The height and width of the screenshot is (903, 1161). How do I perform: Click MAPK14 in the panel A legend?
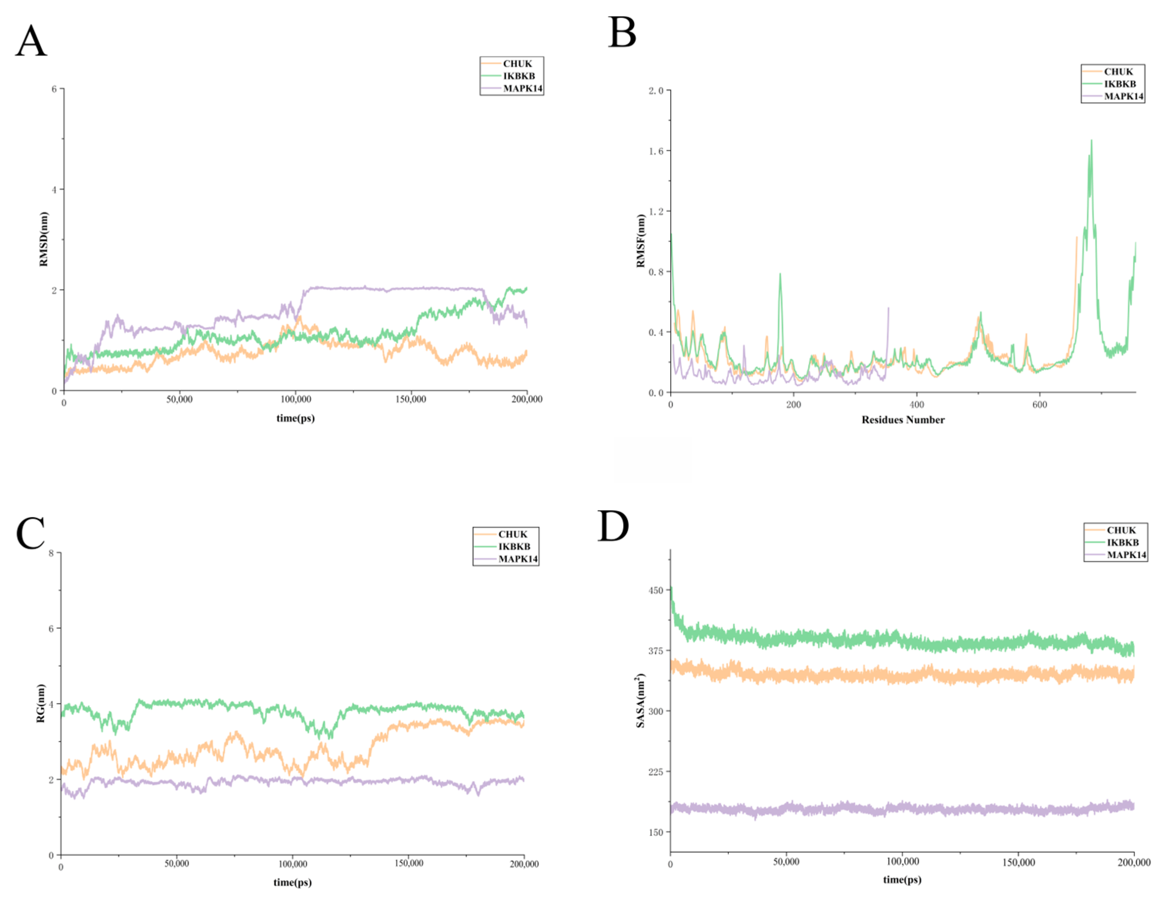[x=522, y=88]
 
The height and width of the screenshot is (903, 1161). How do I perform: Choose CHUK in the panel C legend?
[x=512, y=534]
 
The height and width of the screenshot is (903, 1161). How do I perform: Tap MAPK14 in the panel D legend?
[x=1126, y=555]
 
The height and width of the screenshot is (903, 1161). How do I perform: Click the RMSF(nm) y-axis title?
[x=641, y=241]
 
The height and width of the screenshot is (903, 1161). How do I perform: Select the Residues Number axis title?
[x=903, y=420]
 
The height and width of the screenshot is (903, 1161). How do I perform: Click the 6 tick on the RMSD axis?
[x=54, y=89]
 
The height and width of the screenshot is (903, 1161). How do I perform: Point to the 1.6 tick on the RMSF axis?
[x=656, y=151]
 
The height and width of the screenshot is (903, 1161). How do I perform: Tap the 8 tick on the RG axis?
[x=51, y=553]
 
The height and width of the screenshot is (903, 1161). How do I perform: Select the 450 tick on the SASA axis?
[x=656, y=590]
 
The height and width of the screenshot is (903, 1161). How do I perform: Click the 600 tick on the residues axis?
[x=1039, y=405]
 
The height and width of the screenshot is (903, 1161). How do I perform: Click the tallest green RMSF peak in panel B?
[x=1091, y=141]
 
